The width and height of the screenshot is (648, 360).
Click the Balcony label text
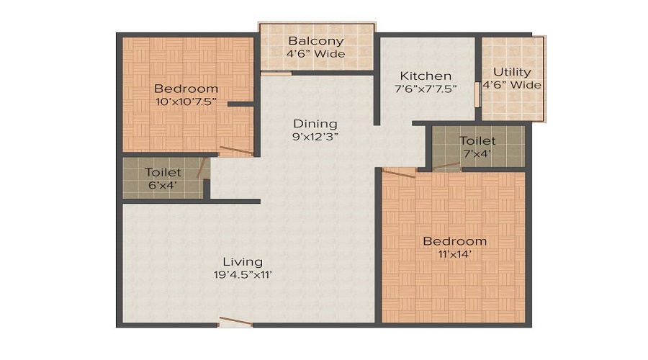point(316,41)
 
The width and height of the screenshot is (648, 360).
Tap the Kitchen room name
point(426,76)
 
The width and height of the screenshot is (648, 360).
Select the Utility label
point(512,72)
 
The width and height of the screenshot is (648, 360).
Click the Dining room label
point(315,124)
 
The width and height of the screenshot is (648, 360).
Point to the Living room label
point(242,261)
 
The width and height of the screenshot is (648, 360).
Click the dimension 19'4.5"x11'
point(242,274)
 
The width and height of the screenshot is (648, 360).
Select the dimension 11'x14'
point(454,254)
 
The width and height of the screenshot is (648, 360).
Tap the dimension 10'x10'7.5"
point(186,102)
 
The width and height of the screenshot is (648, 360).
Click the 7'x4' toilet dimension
point(477,154)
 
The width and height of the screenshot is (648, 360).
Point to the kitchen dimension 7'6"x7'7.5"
point(426,89)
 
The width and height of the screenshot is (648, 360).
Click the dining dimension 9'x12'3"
point(315,137)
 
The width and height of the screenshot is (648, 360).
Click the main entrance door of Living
point(235,322)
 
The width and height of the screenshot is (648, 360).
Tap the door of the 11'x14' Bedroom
point(399,172)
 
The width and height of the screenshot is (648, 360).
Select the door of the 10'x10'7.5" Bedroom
point(236,151)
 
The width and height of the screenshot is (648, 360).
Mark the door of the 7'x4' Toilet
point(446,167)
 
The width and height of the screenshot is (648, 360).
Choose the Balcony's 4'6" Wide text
point(316,54)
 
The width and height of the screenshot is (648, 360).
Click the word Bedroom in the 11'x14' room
point(454,241)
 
